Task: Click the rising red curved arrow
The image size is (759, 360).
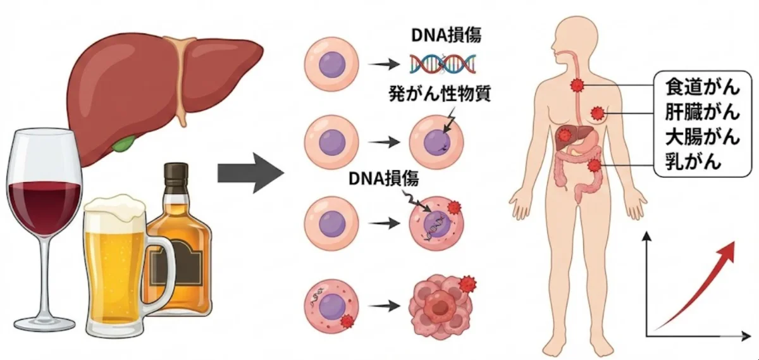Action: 696,285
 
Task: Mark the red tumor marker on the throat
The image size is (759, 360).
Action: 576,85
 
